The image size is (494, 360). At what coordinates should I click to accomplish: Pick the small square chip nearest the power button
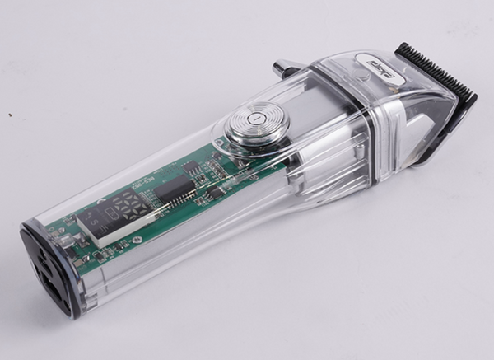pyautogui.click(x=191, y=166)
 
